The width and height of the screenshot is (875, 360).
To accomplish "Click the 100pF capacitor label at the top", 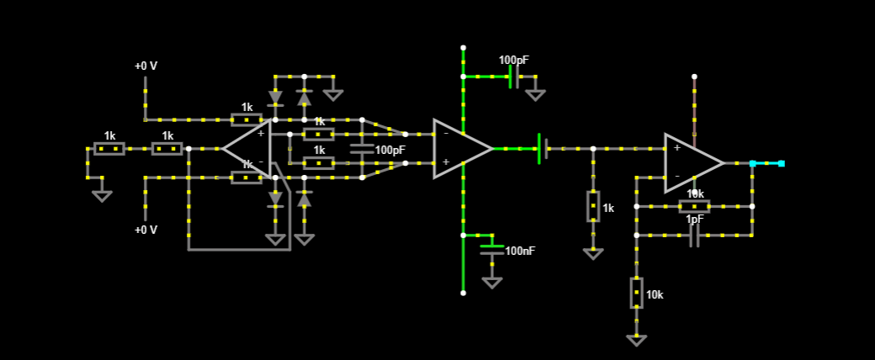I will click(513, 61).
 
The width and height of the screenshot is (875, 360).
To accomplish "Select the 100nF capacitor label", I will click(520, 251).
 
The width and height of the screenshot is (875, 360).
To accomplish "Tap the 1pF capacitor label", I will click(695, 220).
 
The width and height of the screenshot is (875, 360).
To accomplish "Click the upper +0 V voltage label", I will click(146, 66).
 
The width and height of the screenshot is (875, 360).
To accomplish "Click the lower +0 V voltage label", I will click(146, 230).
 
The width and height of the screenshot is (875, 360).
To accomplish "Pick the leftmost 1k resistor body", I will click(109, 149).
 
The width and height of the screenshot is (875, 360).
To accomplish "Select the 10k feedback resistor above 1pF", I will click(694, 206).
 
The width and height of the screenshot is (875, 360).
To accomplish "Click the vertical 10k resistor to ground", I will click(636, 293).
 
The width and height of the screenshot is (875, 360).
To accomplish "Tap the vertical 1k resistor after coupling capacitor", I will click(593, 206).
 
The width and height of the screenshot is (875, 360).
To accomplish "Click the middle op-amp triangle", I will click(459, 149).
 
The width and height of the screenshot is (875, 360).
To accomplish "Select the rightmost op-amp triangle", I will click(690, 162).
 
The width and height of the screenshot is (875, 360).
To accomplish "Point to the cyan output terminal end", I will click(781, 163).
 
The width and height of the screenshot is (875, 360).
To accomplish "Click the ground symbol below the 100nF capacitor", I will click(492, 283).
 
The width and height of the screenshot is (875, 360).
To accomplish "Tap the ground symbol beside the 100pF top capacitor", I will click(535, 95).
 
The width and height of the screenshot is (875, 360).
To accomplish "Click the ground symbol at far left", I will click(102, 196).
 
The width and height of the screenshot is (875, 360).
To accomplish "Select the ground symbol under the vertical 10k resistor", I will click(636, 340).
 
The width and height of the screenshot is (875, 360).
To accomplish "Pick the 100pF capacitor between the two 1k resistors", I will click(362, 149).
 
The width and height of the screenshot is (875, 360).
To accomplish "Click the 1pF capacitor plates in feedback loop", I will click(694, 236).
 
